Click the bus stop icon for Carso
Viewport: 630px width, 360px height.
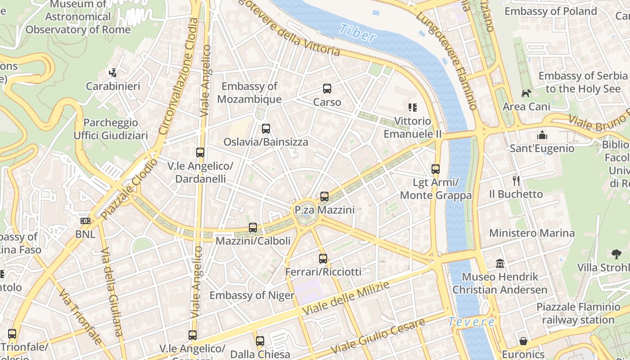[327, 89]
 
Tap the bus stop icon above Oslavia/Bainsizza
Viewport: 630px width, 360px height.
[266, 129]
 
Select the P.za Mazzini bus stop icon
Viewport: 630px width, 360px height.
[324, 197]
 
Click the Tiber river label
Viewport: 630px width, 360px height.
[357, 33]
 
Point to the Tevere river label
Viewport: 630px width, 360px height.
[471, 322]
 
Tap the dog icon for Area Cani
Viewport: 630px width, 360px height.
[526, 93]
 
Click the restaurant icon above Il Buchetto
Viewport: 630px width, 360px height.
[516, 181]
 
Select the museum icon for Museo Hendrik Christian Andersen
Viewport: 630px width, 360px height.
[500, 263]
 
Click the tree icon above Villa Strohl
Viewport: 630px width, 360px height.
[616, 254]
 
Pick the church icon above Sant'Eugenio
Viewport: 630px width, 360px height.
[542, 135]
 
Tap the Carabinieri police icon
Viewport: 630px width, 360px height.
[113, 72]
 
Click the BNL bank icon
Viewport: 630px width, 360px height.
[85, 221]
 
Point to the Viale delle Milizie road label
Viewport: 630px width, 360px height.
[345, 298]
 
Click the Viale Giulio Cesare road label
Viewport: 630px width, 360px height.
[378, 336]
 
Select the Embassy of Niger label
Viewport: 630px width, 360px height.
[252, 296]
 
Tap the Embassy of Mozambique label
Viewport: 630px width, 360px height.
[249, 93]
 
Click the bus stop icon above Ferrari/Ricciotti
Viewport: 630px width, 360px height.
[323, 259]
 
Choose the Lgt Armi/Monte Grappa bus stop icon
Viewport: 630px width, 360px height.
[436, 169]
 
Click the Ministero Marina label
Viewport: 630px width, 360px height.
[532, 233]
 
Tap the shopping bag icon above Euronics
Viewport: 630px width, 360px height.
[523, 341]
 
